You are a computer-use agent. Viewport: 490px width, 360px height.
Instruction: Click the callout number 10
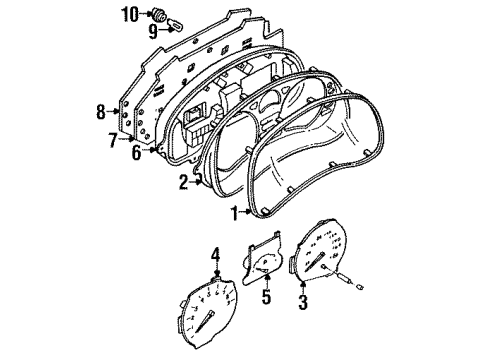(130, 15)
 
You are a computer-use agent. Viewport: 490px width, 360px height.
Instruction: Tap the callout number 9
(153, 32)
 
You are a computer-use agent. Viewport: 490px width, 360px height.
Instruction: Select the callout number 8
(101, 112)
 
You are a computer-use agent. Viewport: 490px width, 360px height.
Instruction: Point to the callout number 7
(113, 140)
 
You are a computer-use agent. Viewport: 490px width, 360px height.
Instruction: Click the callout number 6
(136, 153)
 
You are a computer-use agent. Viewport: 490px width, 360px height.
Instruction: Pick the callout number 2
(183, 183)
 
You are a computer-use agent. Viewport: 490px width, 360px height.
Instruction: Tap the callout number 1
(235, 213)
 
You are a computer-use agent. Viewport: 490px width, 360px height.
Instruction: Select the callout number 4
(216, 255)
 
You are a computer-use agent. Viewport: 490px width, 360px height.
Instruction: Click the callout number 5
(266, 296)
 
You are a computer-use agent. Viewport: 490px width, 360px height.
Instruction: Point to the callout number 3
(303, 303)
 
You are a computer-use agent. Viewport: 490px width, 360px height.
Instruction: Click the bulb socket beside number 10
(159, 15)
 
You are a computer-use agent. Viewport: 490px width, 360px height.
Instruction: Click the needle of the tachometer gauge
(204, 321)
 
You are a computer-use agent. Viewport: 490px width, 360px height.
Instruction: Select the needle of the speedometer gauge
(315, 261)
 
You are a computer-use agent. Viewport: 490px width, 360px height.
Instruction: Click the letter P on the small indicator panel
(266, 263)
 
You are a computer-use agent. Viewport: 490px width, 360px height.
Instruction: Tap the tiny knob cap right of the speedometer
(360, 286)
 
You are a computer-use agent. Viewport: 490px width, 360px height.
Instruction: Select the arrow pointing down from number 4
(217, 269)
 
